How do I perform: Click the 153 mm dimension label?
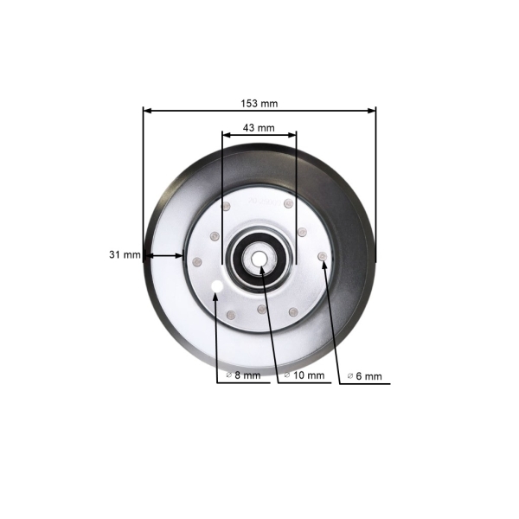(259, 103)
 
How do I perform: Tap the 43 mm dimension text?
(259, 127)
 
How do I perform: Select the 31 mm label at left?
(125, 255)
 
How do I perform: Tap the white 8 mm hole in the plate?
(217, 285)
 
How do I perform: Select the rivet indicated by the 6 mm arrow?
(323, 256)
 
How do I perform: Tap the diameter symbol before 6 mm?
(349, 376)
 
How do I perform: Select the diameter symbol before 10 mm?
(287, 375)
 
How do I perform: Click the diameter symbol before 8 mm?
(228, 375)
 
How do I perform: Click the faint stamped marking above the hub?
(259, 201)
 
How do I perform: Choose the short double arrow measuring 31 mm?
(163, 255)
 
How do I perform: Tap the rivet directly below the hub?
(260, 309)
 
